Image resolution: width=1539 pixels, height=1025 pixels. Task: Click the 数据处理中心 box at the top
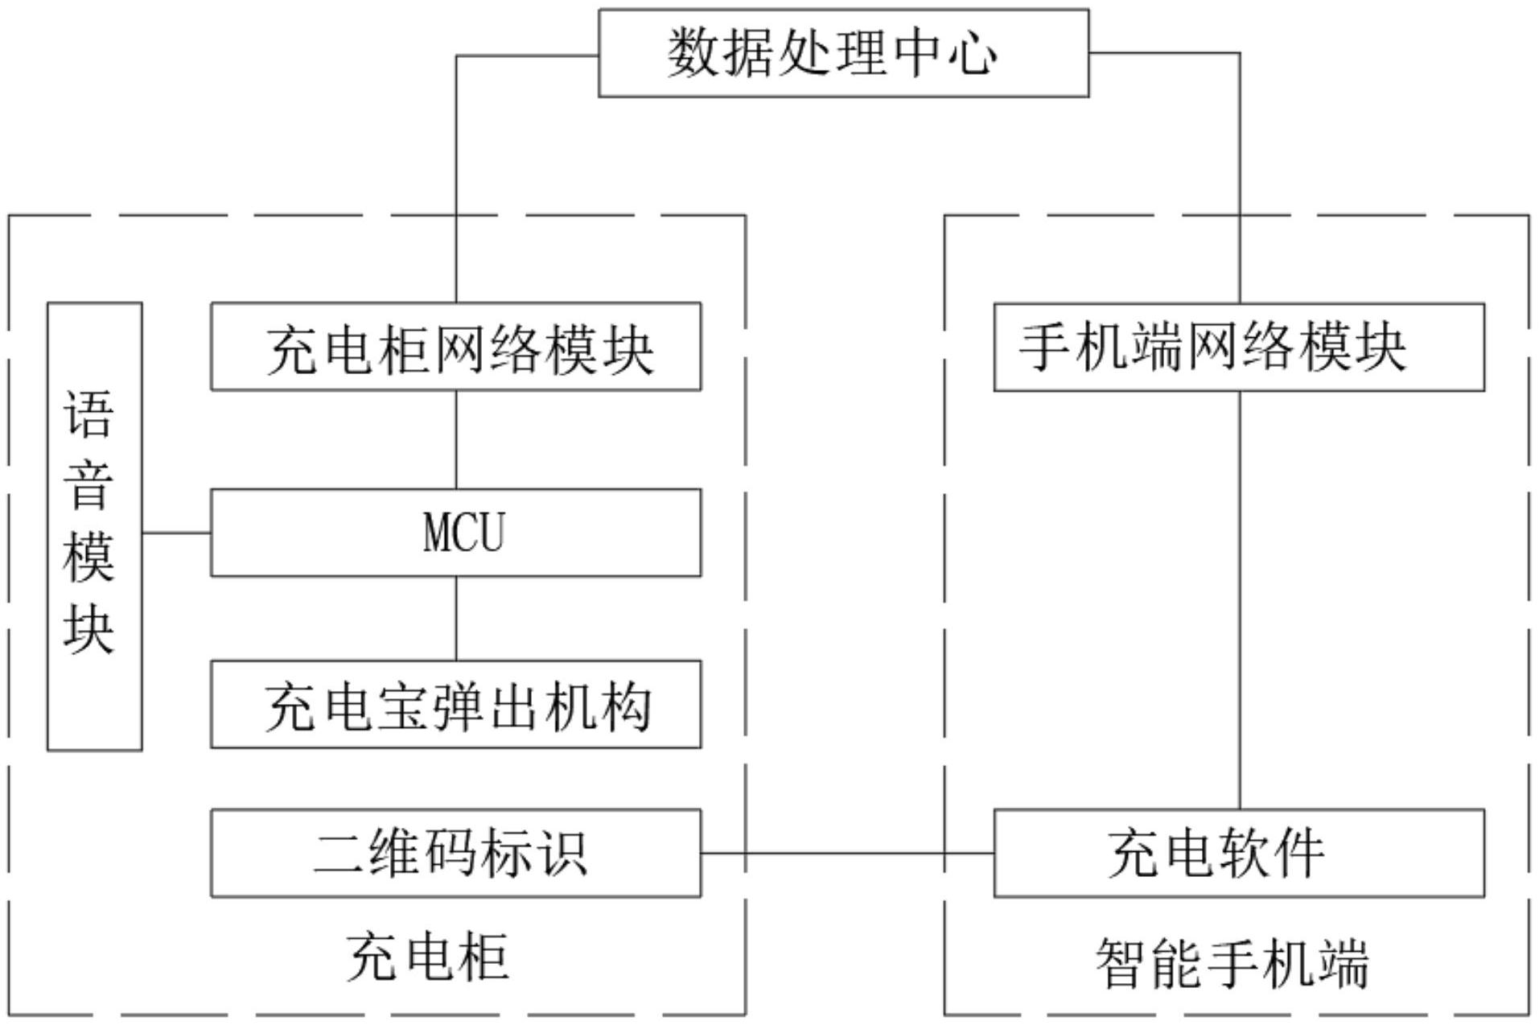pos(843,53)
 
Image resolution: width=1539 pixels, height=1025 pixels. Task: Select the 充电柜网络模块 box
pos(455,347)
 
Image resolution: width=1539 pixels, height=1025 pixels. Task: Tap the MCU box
pos(455,533)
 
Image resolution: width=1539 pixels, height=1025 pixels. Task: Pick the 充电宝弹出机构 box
pos(455,705)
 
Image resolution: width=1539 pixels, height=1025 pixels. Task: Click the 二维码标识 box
pos(455,853)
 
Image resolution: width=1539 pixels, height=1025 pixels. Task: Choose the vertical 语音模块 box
pos(94,527)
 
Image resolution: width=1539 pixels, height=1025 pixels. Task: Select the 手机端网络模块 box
pos(1239,348)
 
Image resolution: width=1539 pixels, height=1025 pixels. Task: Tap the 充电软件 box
pos(1239,853)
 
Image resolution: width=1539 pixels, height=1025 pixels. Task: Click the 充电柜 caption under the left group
pos(428,957)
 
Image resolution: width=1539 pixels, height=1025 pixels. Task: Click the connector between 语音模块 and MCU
pos(176,533)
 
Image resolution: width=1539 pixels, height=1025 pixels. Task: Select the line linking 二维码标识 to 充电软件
pos(846,853)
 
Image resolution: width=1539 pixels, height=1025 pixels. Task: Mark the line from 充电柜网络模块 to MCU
pos(456,439)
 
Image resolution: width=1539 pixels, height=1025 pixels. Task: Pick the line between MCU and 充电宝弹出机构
pos(456,618)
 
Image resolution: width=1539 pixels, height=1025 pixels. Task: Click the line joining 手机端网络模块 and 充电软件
pos(1239,599)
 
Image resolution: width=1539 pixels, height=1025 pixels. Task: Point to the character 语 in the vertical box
pos(88,414)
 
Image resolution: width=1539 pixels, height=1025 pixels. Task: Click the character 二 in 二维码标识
pos(338,853)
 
